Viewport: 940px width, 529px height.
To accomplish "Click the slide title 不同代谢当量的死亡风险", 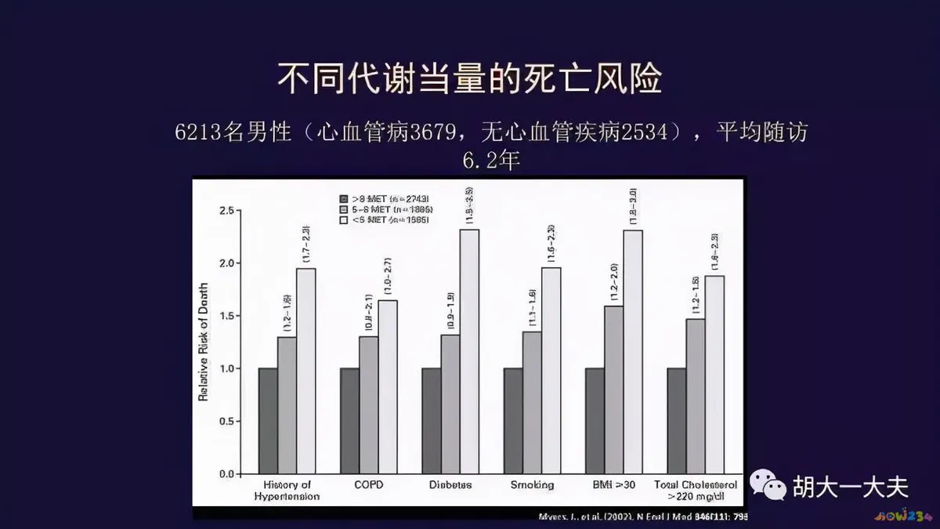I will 470,80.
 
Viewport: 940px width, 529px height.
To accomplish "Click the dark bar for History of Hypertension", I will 268,420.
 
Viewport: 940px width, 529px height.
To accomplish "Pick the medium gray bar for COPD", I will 368,404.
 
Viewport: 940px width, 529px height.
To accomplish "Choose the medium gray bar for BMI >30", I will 613,390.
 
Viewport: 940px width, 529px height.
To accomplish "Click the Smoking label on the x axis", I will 532,485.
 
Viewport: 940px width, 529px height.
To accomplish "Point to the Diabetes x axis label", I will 450,485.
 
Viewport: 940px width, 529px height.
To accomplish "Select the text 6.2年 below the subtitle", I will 491,161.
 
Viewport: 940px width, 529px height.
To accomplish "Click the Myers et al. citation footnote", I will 642,516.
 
